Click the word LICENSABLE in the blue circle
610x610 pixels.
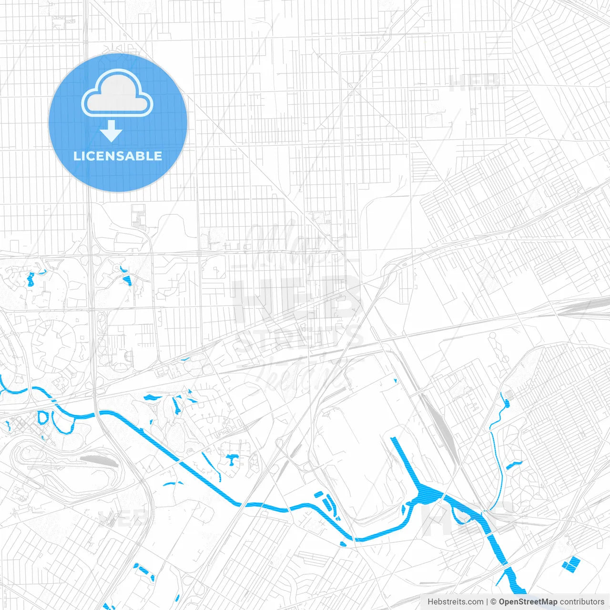(x=118, y=156)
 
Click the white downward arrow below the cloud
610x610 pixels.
(x=111, y=131)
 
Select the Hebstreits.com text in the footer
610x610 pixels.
(x=455, y=602)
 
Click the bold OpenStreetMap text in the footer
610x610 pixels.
(x=528, y=602)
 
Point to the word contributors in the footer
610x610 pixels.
(x=581, y=602)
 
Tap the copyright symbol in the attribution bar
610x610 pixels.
(x=493, y=602)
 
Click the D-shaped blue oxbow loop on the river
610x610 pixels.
(x=42, y=417)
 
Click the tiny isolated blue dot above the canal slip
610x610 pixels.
(x=396, y=380)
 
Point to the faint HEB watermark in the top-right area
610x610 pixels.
(x=474, y=84)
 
